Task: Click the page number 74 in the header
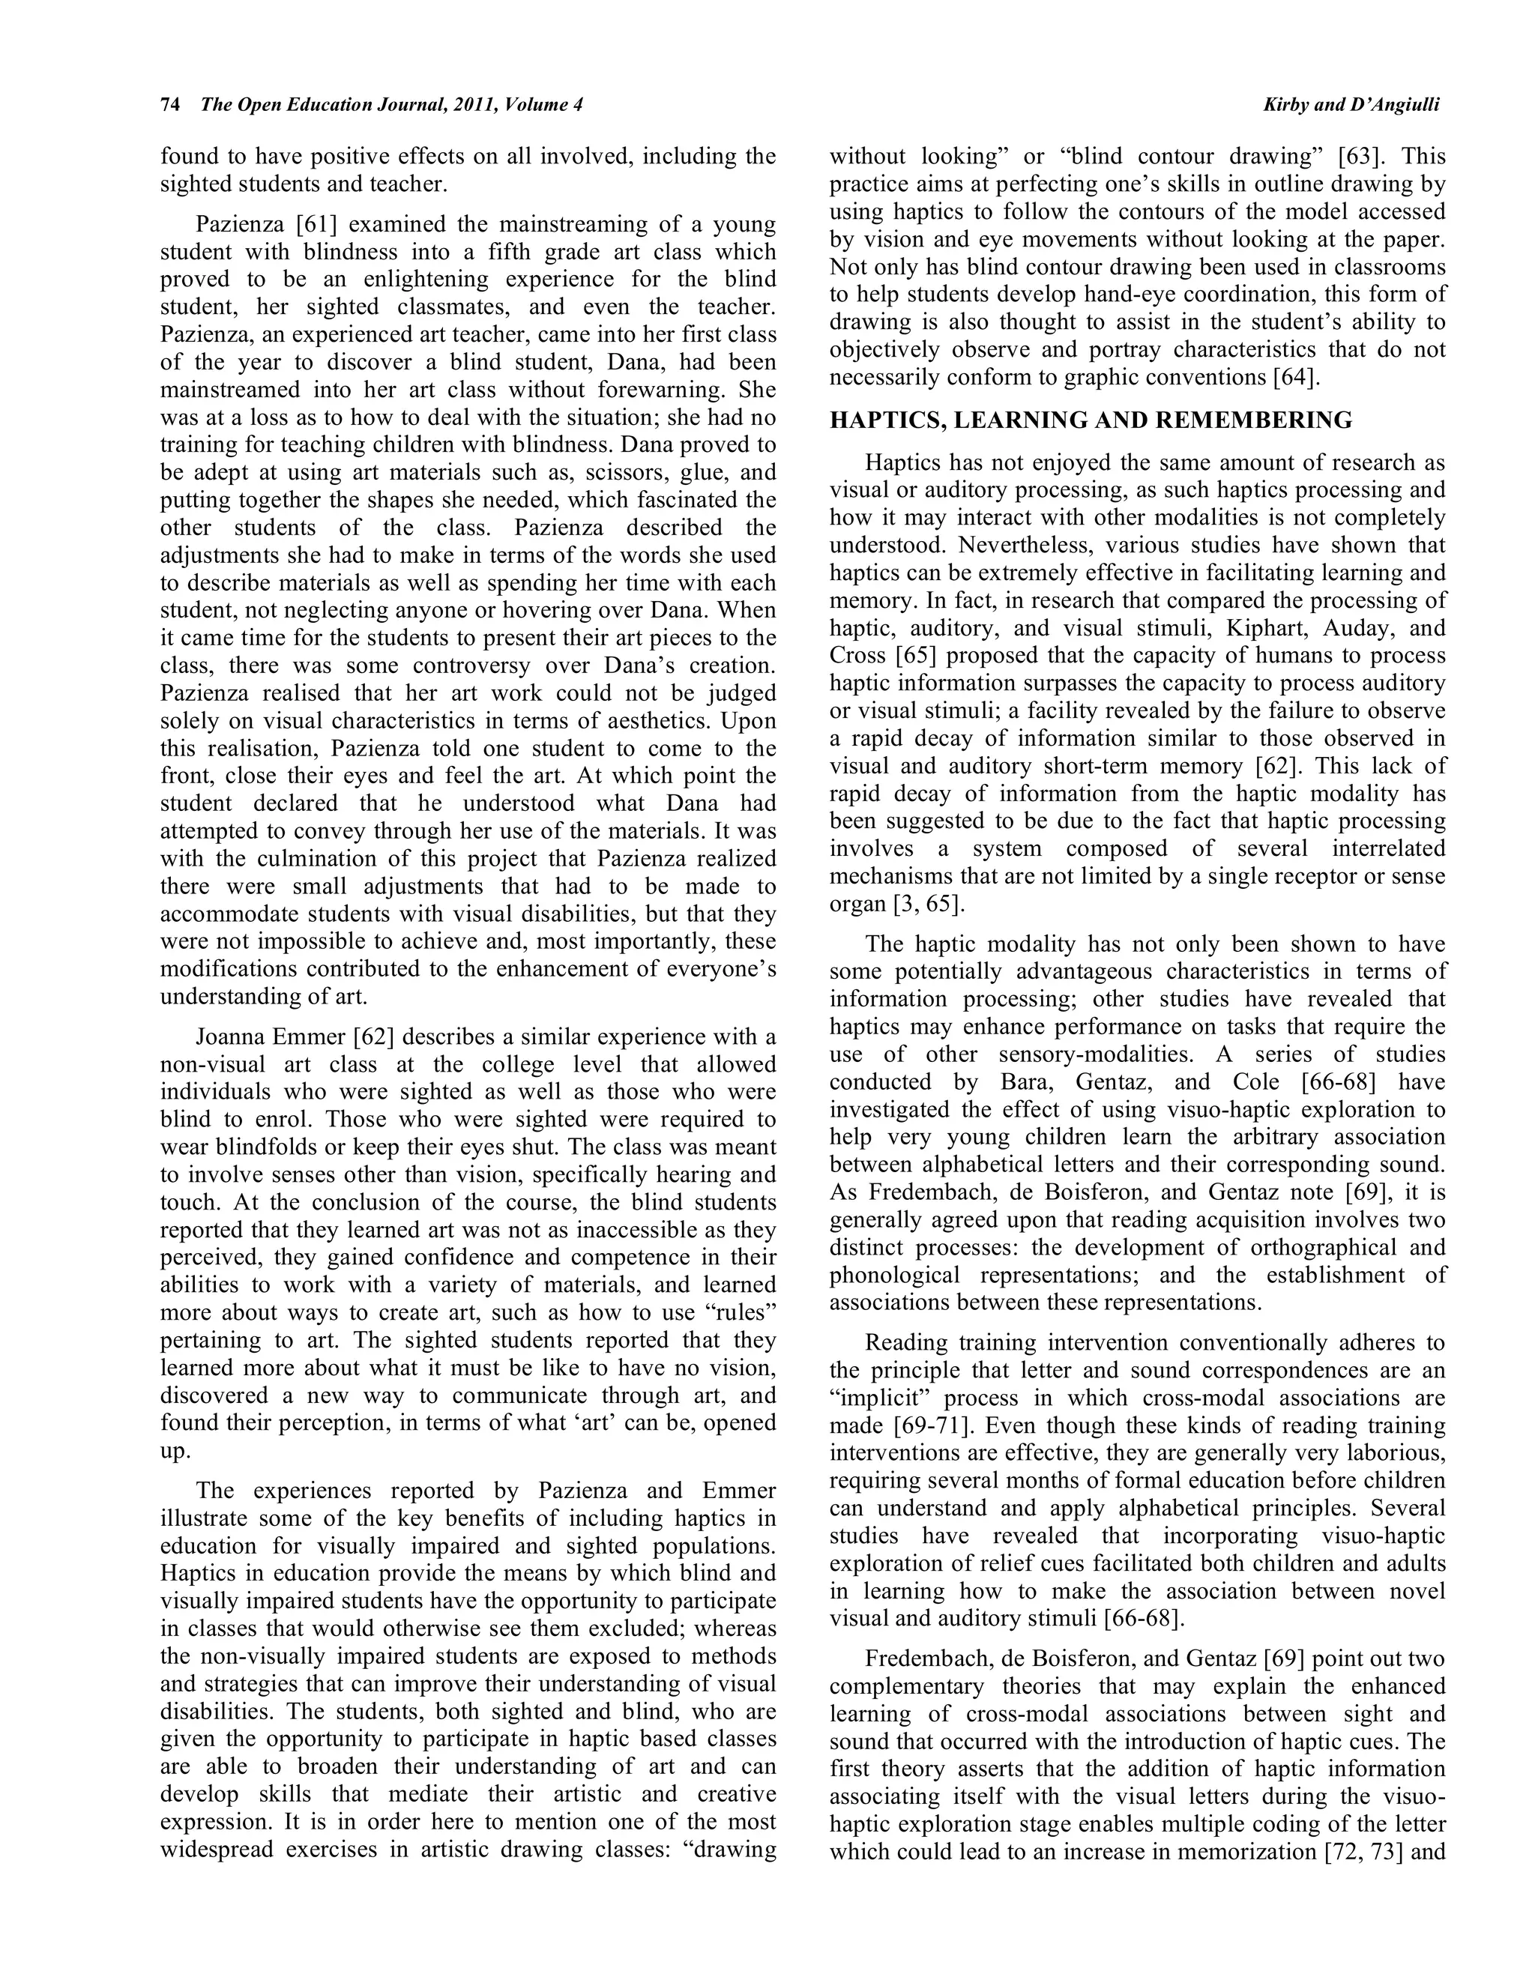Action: pos(169,106)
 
